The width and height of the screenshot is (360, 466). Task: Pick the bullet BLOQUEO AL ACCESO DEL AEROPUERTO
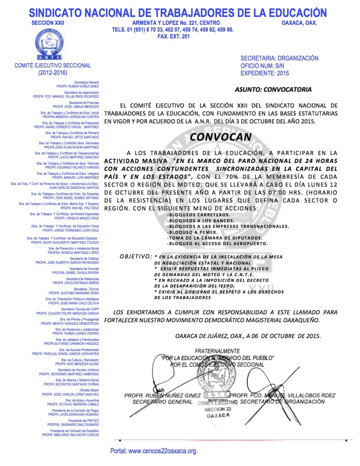click(218, 243)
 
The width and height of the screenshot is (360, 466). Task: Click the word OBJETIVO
click(135, 257)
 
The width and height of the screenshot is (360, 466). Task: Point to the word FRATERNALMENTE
click(217, 351)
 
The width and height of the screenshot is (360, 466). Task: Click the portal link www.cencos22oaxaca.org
click(154, 451)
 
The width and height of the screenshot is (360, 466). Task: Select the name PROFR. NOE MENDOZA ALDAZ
click(77, 364)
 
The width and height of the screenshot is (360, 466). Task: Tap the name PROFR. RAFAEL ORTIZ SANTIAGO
click(75, 137)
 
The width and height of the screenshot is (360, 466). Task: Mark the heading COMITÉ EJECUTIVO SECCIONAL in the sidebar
click(53, 66)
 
